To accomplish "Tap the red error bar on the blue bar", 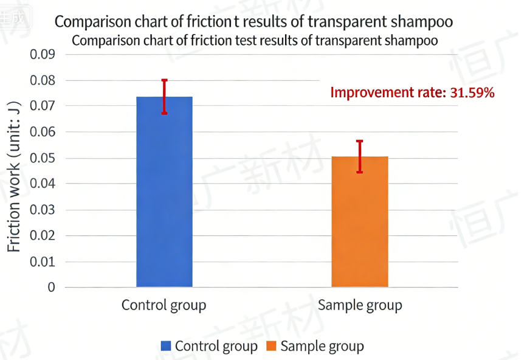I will (x=164, y=97).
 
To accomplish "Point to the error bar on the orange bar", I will (x=360, y=157).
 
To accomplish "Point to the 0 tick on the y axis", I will (x=52, y=287).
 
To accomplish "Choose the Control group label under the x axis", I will (x=164, y=305).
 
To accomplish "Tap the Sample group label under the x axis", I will (x=360, y=305).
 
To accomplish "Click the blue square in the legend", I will (x=166, y=346).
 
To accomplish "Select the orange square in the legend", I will (x=271, y=346).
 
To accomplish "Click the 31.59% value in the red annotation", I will (x=472, y=93).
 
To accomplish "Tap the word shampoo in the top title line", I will (x=422, y=22).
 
